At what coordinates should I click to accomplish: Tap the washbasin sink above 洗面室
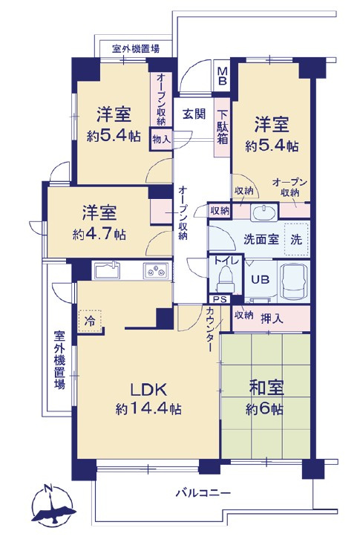[262, 212]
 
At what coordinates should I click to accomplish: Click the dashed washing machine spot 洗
[295, 240]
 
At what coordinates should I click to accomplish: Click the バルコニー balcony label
[203, 492]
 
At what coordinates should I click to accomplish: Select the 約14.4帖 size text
[148, 408]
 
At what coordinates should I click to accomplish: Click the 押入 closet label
[272, 316]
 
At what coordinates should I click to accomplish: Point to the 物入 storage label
[161, 139]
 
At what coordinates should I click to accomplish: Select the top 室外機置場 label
[135, 49]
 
